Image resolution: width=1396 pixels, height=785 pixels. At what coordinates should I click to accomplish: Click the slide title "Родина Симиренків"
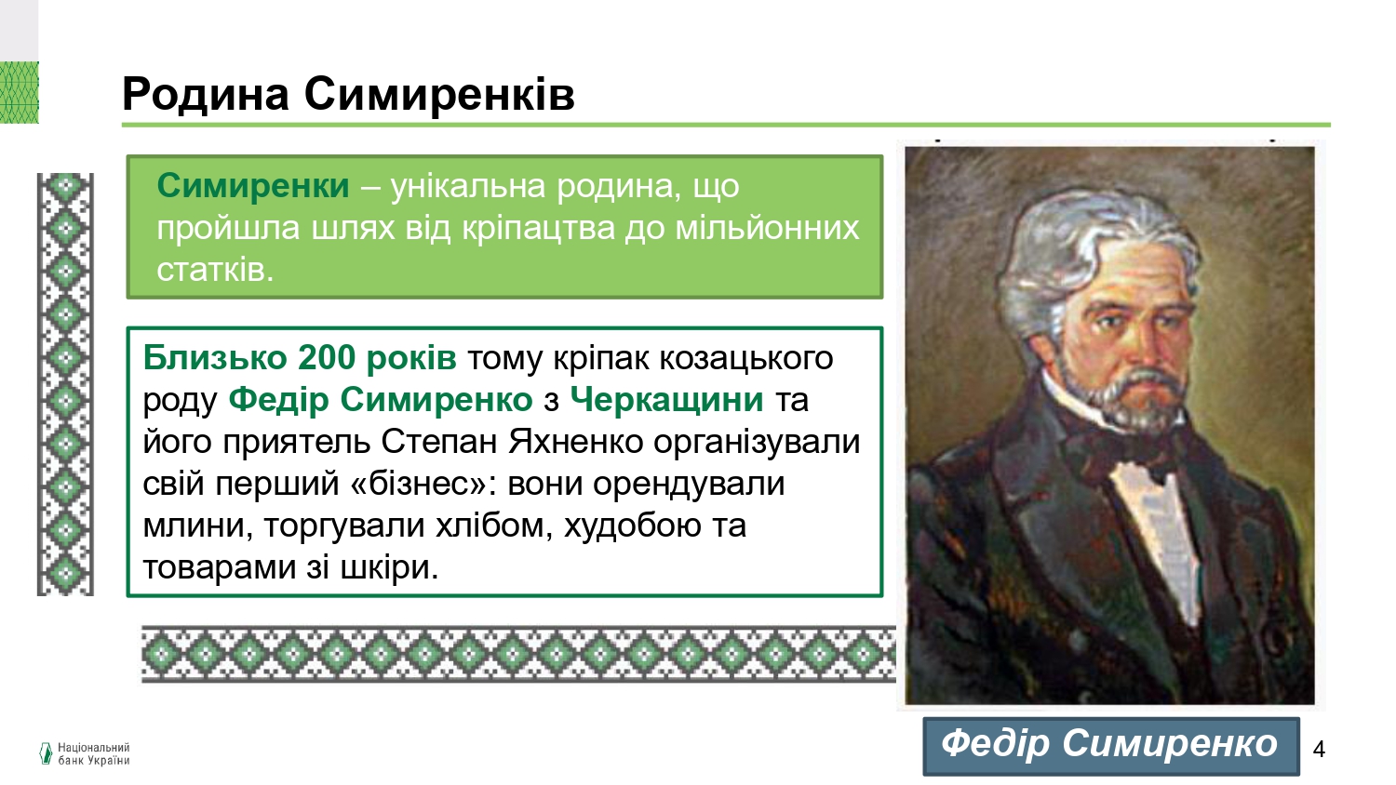click(x=348, y=95)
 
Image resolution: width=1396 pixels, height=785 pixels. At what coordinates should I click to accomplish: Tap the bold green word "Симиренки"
click(x=253, y=186)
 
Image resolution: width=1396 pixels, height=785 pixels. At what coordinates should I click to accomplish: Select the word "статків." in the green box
click(x=215, y=270)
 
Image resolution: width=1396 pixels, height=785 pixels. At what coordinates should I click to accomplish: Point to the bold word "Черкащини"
click(x=666, y=400)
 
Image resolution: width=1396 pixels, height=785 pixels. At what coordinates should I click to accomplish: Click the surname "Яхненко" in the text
click(x=575, y=442)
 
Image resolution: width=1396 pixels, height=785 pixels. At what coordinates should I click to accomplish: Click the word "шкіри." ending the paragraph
click(x=390, y=567)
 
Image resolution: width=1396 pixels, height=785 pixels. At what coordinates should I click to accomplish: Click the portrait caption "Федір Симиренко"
click(x=1109, y=744)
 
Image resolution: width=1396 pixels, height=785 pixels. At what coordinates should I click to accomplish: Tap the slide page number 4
click(x=1319, y=748)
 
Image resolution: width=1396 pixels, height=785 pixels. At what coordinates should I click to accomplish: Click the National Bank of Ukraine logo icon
click(x=46, y=753)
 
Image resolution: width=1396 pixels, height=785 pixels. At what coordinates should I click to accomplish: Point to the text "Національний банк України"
click(x=93, y=754)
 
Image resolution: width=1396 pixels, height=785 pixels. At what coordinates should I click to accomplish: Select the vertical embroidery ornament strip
click(x=65, y=384)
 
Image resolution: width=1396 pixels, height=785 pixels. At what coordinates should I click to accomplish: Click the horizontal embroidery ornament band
click(x=518, y=654)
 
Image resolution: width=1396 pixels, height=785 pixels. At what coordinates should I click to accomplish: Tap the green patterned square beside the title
click(x=20, y=92)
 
